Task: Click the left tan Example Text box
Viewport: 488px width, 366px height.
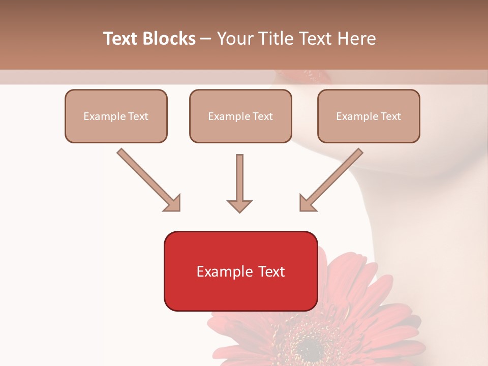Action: [116, 116]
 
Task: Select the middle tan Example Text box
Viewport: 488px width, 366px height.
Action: [240, 116]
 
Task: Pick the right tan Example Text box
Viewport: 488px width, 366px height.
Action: [369, 116]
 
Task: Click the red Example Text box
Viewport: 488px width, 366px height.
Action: [240, 271]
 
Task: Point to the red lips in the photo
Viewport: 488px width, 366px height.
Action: [311, 77]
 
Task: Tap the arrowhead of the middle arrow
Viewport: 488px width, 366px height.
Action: [239, 205]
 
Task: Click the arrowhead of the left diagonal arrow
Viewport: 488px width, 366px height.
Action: [173, 203]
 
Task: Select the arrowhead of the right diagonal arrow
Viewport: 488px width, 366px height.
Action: [307, 203]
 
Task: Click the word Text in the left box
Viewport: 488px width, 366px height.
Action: [138, 116]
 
